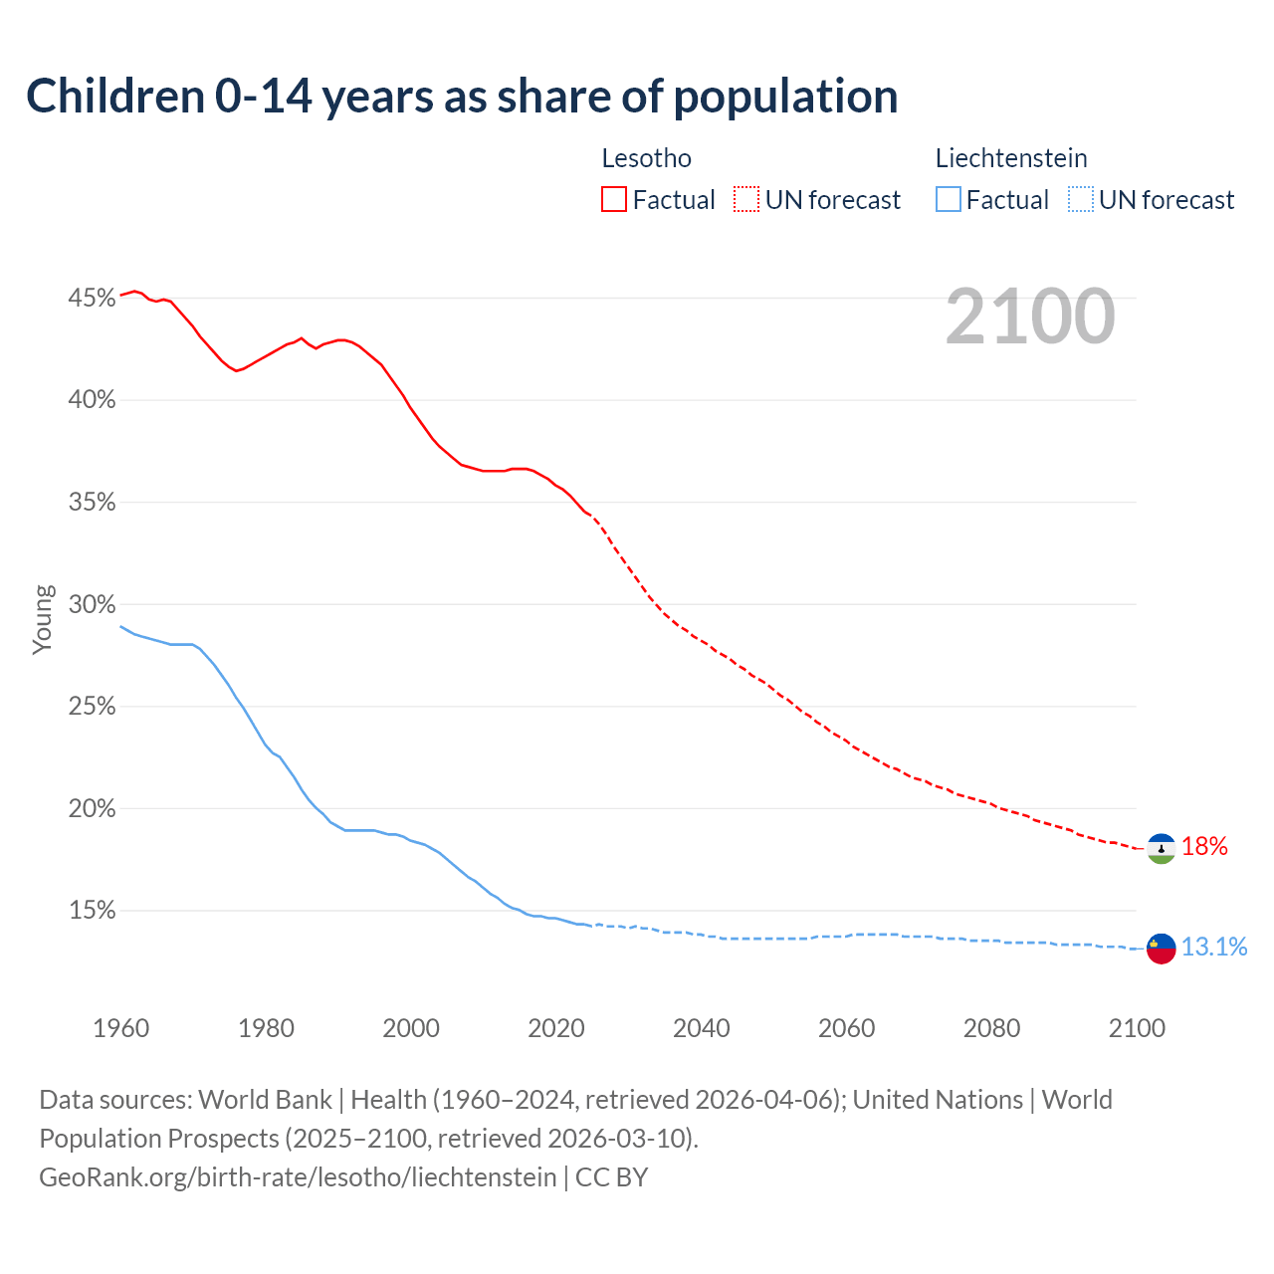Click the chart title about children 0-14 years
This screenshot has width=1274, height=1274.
click(x=462, y=97)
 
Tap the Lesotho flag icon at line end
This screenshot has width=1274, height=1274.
click(x=1161, y=848)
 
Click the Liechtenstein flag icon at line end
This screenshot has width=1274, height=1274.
click(x=1161, y=949)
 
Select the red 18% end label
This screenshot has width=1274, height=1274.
click(x=1204, y=847)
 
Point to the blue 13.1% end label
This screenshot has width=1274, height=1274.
click(x=1214, y=947)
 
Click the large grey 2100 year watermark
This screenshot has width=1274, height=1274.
click(x=1030, y=317)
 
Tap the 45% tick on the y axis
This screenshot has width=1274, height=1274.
click(x=92, y=298)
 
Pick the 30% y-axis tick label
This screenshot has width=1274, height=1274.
click(x=92, y=604)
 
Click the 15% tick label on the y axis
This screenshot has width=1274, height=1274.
click(x=92, y=910)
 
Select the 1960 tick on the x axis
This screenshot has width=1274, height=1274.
click(x=120, y=1028)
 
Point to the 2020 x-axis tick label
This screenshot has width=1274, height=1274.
click(x=556, y=1028)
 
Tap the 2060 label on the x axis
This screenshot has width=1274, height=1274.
click(x=846, y=1028)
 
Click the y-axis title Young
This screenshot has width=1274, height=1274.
click(x=43, y=619)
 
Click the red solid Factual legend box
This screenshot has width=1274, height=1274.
click(x=614, y=200)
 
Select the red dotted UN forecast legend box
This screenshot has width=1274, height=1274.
click(x=746, y=200)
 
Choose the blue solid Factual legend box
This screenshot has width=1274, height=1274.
click(x=949, y=200)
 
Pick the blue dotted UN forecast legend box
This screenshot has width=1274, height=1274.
click(x=1081, y=200)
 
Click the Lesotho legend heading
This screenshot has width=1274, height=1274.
click(x=646, y=158)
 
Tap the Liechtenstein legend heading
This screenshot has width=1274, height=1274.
click(x=1011, y=158)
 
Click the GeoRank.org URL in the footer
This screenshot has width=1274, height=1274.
click(x=298, y=1177)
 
